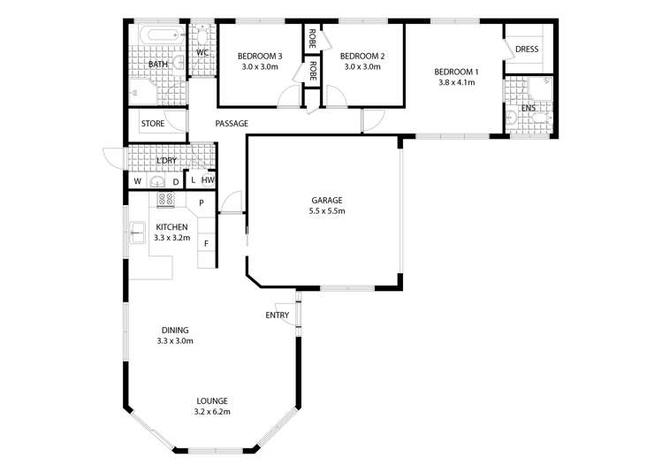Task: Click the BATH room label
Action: coord(157,65)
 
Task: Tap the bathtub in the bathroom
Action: coord(161,37)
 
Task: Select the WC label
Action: coord(202,53)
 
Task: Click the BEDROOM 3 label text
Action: coord(260,56)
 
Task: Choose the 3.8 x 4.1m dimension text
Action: coord(456,82)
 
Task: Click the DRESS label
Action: coord(528,50)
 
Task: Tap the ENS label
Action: coord(529,108)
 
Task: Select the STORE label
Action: coord(152,124)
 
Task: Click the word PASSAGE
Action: coord(232,124)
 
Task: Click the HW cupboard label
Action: coord(208,180)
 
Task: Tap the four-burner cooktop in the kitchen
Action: coord(166,199)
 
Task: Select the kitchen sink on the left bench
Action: coord(137,235)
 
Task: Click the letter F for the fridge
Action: coord(206,243)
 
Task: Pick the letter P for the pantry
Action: coord(202,202)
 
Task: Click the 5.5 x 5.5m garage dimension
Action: coord(326,211)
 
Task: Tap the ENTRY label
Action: coord(277,316)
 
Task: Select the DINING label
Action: coord(174,330)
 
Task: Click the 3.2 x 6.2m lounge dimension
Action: coord(211,411)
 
